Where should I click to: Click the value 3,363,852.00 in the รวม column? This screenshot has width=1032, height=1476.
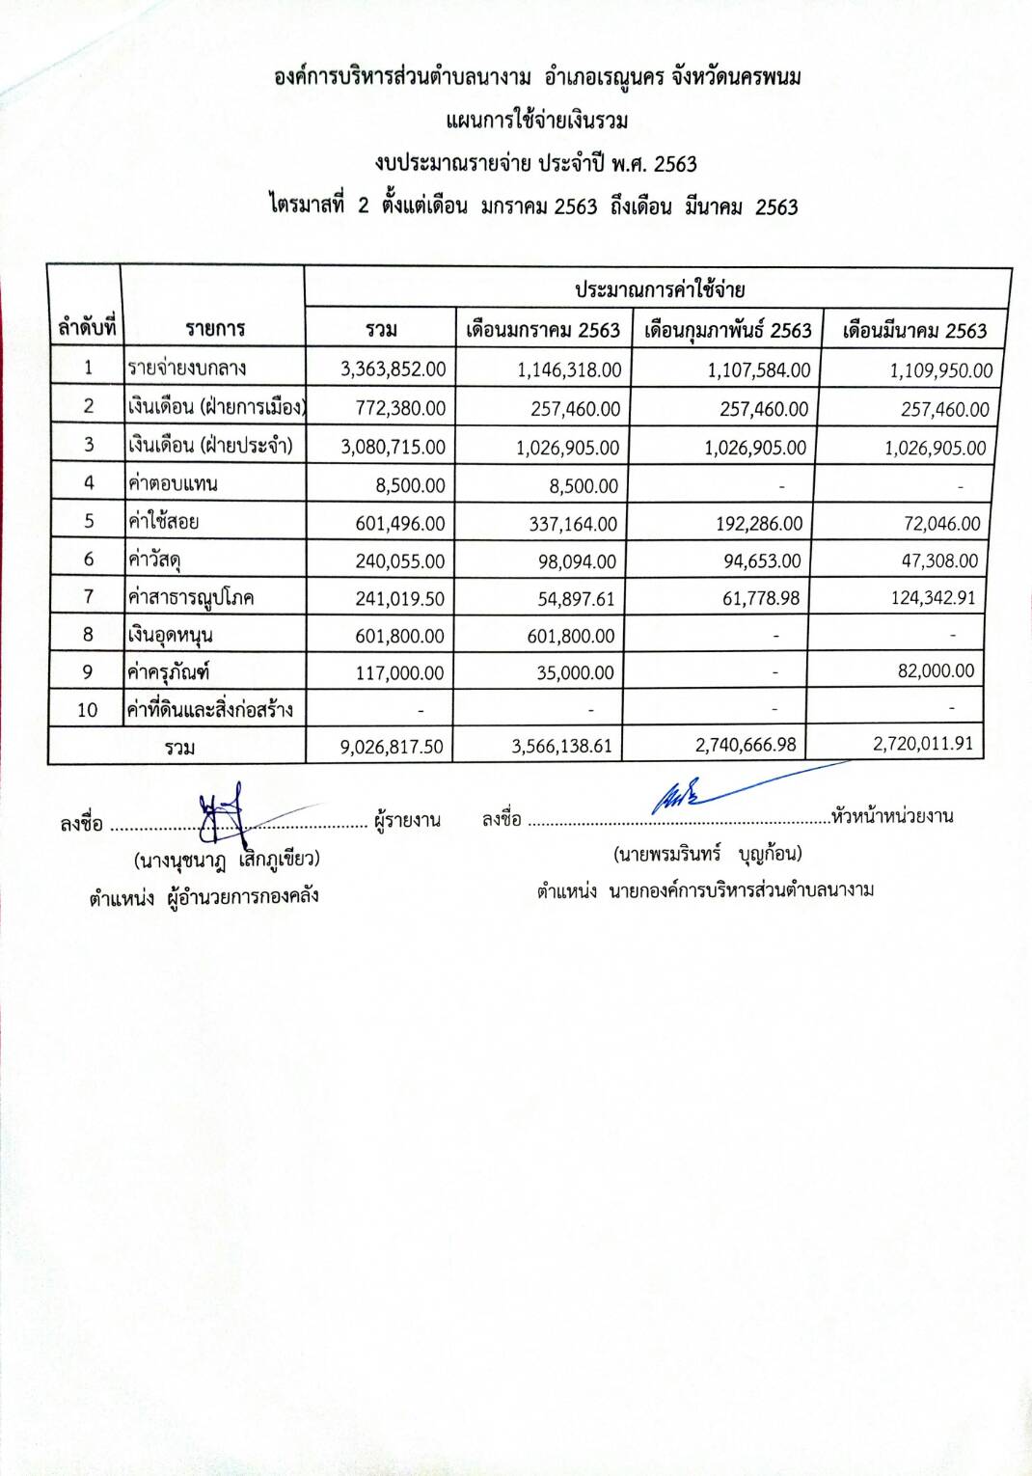394,369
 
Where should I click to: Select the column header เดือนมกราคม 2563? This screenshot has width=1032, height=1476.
543,330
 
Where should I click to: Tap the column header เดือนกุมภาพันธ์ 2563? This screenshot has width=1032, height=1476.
727,330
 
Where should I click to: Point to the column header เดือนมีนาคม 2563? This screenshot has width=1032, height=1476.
914,331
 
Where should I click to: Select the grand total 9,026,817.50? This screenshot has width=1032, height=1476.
392,747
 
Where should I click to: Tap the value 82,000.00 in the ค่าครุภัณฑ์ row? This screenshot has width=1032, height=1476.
936,670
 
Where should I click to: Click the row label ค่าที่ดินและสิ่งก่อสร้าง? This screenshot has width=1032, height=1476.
209,710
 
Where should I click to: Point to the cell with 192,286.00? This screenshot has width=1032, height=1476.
759,524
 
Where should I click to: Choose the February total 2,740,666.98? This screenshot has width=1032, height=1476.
746,745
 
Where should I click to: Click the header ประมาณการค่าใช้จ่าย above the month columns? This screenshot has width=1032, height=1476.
660,289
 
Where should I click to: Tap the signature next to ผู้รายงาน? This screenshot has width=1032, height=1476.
227,810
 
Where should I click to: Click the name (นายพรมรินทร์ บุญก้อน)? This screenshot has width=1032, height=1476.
707,854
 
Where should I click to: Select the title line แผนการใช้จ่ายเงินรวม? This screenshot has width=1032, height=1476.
537,121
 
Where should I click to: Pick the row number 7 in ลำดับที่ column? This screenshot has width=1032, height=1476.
88,596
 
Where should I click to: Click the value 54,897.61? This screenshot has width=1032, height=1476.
576,599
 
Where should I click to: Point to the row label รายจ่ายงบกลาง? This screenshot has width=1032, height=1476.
187,368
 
